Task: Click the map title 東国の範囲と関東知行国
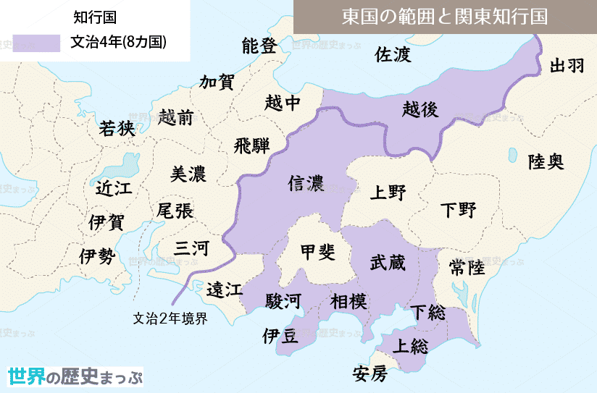coord(444,17)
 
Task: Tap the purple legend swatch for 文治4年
coord(36,43)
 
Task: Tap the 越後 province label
coord(420,109)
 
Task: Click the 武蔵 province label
coord(388,262)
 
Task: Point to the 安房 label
coord(370,374)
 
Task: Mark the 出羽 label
coord(567,66)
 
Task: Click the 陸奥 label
coord(545,161)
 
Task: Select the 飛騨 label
coord(251,145)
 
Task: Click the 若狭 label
coord(117,128)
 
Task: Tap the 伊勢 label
coord(97,255)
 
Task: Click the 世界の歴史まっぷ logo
coord(75,376)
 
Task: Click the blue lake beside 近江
coord(128,166)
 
